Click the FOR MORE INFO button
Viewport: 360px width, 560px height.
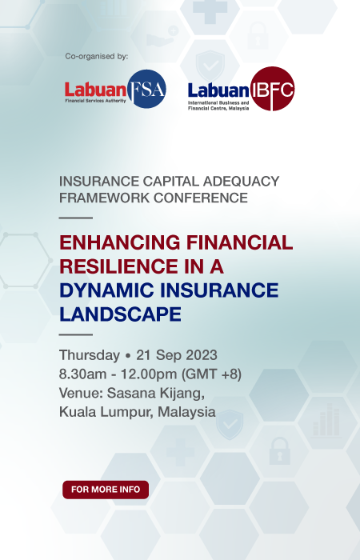point(106,489)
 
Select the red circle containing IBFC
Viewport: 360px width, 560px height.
point(271,88)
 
